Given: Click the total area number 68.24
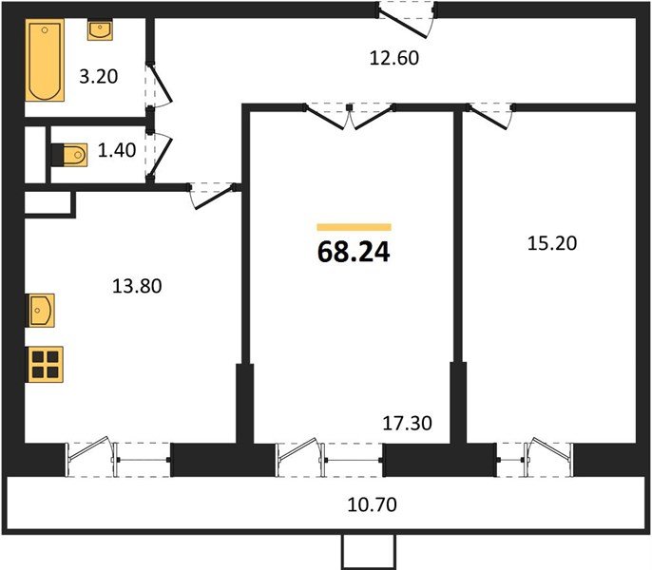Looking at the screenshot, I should (353, 253).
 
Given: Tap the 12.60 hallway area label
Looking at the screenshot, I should (394, 58).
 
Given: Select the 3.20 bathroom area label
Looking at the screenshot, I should (99, 77).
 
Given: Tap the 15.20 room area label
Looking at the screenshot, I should (552, 243).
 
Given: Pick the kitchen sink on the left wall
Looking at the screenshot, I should (42, 310).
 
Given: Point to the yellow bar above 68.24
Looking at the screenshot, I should (354, 227).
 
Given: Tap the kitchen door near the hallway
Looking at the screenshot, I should (213, 194).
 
